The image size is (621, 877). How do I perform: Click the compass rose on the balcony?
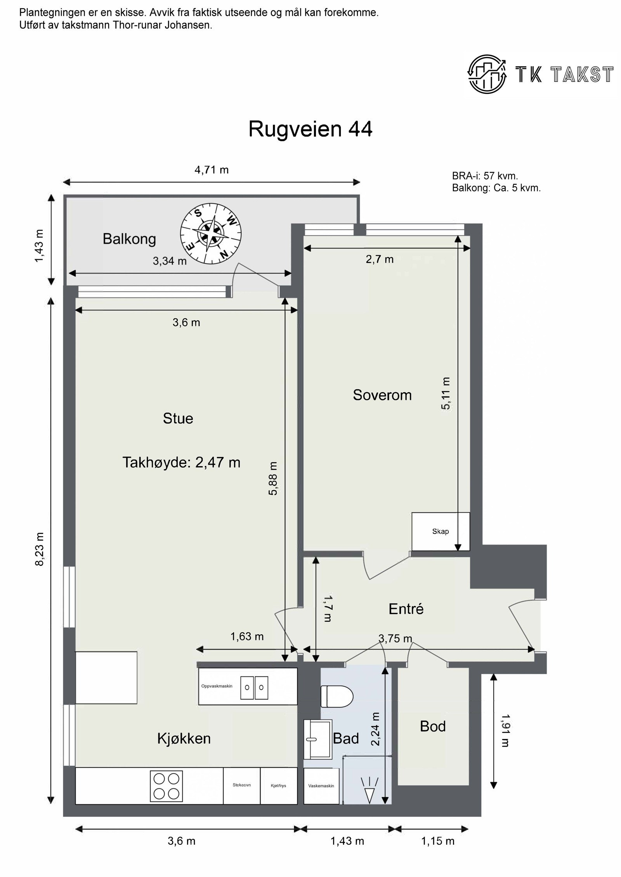(211, 234)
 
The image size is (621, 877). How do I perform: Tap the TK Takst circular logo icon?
(487, 74)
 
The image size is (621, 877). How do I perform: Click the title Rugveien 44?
(310, 129)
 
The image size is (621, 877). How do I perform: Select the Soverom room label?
(382, 395)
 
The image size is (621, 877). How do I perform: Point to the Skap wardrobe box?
(441, 531)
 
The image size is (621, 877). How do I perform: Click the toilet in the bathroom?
(337, 696)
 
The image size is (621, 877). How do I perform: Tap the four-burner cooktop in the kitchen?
(166, 786)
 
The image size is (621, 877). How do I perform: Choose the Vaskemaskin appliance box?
(321, 786)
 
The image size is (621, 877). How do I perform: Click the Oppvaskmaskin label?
(217, 686)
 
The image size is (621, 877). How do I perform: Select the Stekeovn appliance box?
(241, 785)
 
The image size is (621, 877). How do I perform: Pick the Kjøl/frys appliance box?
(278, 786)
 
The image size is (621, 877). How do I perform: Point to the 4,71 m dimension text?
(212, 170)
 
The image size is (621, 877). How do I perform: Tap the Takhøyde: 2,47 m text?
(181, 462)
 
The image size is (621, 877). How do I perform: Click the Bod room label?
(432, 726)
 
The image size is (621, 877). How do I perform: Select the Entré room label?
(406, 609)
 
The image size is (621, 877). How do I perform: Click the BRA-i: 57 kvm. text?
(485, 176)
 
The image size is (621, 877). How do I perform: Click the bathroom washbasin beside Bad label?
(317, 739)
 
